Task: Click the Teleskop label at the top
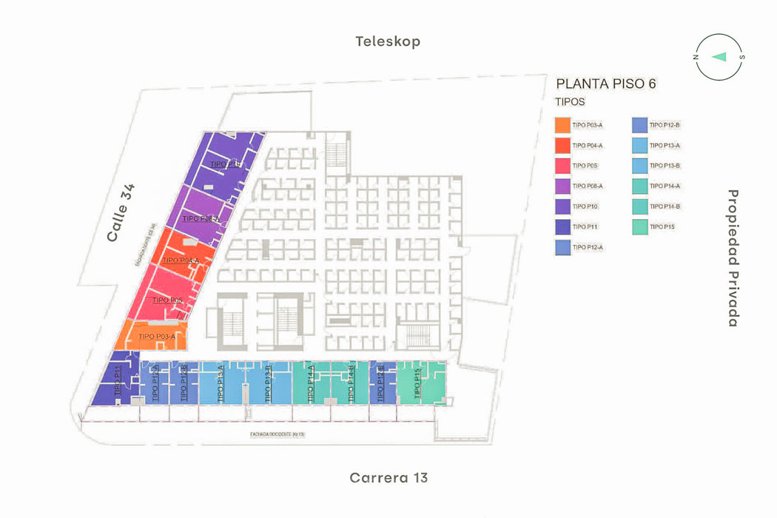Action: click(388, 41)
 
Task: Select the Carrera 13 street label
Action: click(388, 477)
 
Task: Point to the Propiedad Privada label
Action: click(733, 258)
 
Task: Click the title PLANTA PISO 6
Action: click(605, 84)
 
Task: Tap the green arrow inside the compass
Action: click(719, 57)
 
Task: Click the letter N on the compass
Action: click(696, 57)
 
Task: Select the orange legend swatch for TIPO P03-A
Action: click(562, 125)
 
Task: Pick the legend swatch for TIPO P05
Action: click(562, 166)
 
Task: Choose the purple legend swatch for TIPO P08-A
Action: click(562, 186)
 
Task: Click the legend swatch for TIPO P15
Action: click(639, 226)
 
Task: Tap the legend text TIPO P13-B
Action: click(665, 166)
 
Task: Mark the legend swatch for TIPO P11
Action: click(562, 226)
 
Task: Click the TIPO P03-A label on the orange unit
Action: click(157, 337)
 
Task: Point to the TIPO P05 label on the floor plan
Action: click(167, 300)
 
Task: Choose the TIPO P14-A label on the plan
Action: click(311, 384)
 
